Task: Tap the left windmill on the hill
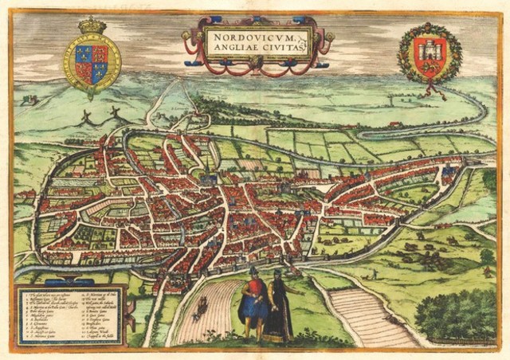click(x=83, y=117)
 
